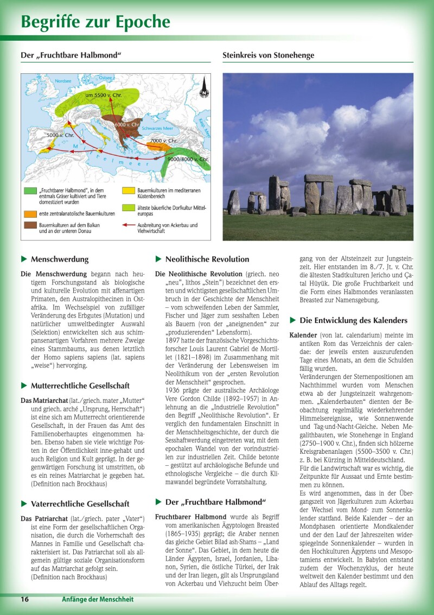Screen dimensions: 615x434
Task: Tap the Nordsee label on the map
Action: pyautogui.click(x=63, y=81)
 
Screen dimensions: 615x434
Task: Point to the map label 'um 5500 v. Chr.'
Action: pyautogui.click(x=104, y=96)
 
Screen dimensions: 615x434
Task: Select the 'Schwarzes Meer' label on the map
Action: pyautogui.click(x=158, y=129)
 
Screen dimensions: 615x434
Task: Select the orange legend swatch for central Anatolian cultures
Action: pyautogui.click(x=30, y=213)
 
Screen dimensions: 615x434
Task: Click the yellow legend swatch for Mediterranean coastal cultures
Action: pyautogui.click(x=129, y=191)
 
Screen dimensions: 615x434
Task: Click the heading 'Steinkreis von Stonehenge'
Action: pyautogui.click(x=268, y=55)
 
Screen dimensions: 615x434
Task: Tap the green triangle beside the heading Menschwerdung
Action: pyautogui.click(x=24, y=259)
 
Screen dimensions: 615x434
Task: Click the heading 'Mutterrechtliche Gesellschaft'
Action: pyautogui.click(x=80, y=385)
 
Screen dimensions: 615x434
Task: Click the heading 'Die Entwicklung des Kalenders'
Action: pyautogui.click(x=353, y=320)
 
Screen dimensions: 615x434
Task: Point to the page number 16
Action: pyautogui.click(x=25, y=599)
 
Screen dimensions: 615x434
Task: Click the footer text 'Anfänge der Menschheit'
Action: pyautogui.click(x=98, y=599)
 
